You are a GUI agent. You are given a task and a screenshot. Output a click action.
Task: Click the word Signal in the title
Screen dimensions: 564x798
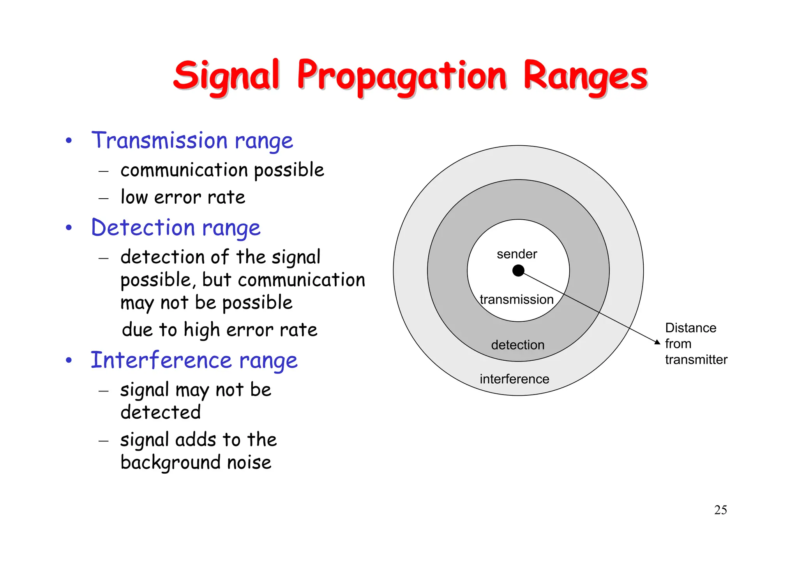pyautogui.click(x=226, y=76)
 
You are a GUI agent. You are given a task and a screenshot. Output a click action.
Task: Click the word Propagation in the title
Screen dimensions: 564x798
pyautogui.click(x=401, y=76)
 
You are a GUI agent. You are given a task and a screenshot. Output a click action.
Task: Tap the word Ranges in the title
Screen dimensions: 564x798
pyautogui.click(x=584, y=76)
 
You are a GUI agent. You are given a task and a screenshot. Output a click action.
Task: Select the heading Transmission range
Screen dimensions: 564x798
pyautogui.click(x=192, y=141)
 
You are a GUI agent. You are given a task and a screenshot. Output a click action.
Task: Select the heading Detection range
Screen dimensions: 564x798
pyautogui.click(x=175, y=228)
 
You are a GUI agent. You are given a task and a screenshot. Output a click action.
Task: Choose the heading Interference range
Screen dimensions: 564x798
pyautogui.click(x=194, y=360)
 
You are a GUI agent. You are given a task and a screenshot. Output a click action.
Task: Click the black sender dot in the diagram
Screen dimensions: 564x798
pyautogui.click(x=518, y=270)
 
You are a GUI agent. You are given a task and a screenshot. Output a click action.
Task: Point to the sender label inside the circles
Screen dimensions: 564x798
pyautogui.click(x=517, y=254)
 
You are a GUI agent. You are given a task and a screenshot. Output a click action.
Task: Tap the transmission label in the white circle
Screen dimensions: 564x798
pyautogui.click(x=516, y=300)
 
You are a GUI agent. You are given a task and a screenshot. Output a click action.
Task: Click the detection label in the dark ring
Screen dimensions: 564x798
pyautogui.click(x=517, y=345)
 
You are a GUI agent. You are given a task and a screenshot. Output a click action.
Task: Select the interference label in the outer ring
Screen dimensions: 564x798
pyautogui.click(x=514, y=379)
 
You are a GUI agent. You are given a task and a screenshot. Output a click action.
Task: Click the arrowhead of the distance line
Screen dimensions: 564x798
pyautogui.click(x=657, y=342)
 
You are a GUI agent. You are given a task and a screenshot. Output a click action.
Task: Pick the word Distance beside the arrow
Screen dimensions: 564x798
pyautogui.click(x=690, y=328)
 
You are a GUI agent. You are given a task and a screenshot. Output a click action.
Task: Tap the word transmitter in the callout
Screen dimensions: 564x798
pyautogui.click(x=696, y=360)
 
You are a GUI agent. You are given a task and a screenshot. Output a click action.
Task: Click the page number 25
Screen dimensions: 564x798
pyautogui.click(x=720, y=510)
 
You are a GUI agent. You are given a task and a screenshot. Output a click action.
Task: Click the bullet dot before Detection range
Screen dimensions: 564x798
pyautogui.click(x=69, y=227)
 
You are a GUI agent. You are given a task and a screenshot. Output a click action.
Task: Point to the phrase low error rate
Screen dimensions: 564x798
pyautogui.click(x=183, y=197)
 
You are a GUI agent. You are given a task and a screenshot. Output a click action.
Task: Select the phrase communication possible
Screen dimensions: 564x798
pyautogui.click(x=222, y=170)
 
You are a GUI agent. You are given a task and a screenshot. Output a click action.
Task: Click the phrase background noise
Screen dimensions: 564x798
pyautogui.click(x=196, y=462)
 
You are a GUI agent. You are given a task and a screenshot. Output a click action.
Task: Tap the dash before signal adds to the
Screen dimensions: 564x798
pyautogui.click(x=103, y=441)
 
